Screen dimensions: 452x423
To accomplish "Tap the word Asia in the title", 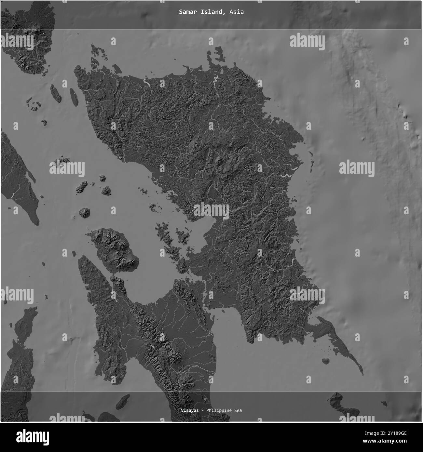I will [x=236, y=12].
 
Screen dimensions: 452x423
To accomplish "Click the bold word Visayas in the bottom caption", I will [x=190, y=410].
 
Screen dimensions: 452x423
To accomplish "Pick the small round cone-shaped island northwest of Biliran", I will [x=85, y=213].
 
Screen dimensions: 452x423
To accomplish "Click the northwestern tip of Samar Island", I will [x=77, y=68].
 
